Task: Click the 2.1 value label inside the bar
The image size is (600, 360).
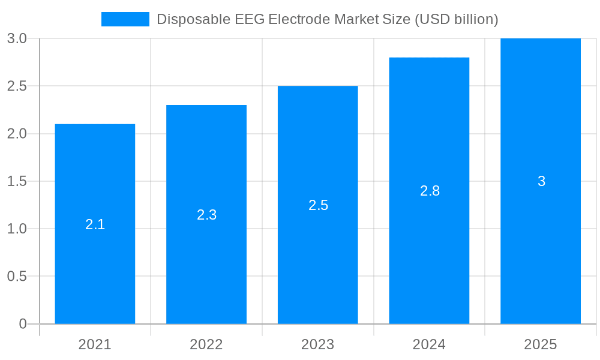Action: pyautogui.click(x=95, y=224)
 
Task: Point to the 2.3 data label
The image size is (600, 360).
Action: pyautogui.click(x=206, y=215)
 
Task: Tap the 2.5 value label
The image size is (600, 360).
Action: pyautogui.click(x=318, y=205)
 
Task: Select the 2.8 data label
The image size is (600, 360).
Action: pyautogui.click(x=430, y=191)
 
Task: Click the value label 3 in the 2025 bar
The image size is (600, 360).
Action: pyautogui.click(x=541, y=181)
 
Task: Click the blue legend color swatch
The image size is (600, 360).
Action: pyautogui.click(x=125, y=19)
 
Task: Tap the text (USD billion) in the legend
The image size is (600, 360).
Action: pyautogui.click(x=456, y=19)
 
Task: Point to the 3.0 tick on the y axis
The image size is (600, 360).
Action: pyautogui.click(x=17, y=38)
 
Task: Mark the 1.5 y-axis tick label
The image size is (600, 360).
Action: pyautogui.click(x=17, y=181)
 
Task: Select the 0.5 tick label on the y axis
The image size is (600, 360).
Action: pyautogui.click(x=17, y=277)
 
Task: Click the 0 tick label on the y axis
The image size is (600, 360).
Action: pyautogui.click(x=23, y=324)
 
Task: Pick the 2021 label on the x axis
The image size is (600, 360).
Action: pyautogui.click(x=95, y=344)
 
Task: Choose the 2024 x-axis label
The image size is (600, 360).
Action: pyautogui.click(x=429, y=344)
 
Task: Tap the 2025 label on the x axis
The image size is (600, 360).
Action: pyautogui.click(x=541, y=344)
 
